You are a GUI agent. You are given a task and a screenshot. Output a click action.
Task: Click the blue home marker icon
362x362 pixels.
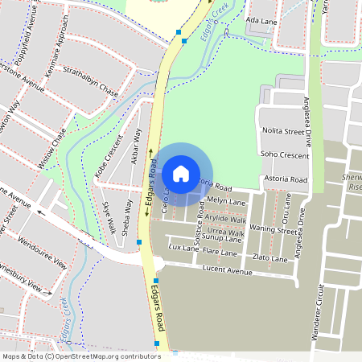pyautogui.click(x=181, y=173)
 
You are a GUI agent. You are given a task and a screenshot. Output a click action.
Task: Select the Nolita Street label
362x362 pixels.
pyautogui.click(x=283, y=130)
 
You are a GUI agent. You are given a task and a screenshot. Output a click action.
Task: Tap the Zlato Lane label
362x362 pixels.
pyautogui.click(x=269, y=258)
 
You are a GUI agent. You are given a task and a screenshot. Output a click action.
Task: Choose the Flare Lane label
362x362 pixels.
pyautogui.click(x=220, y=253)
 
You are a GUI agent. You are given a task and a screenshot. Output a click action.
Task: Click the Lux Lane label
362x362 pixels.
pyautogui.click(x=184, y=249)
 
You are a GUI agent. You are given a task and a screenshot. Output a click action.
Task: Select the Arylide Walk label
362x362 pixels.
pyautogui.click(x=227, y=219)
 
